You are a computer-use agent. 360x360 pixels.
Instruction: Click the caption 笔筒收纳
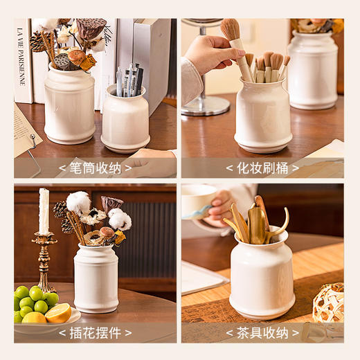(96, 168)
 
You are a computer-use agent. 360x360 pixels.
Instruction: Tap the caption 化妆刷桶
(262, 168)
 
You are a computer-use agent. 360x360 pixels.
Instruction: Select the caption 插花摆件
(96, 332)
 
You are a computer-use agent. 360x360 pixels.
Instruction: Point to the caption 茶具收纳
(262, 332)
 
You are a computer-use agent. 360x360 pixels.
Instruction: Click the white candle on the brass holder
(44, 211)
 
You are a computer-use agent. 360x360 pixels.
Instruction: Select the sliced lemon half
(58, 313)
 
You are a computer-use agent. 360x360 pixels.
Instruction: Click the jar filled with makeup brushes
(262, 116)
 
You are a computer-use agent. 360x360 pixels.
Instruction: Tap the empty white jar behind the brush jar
(313, 69)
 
